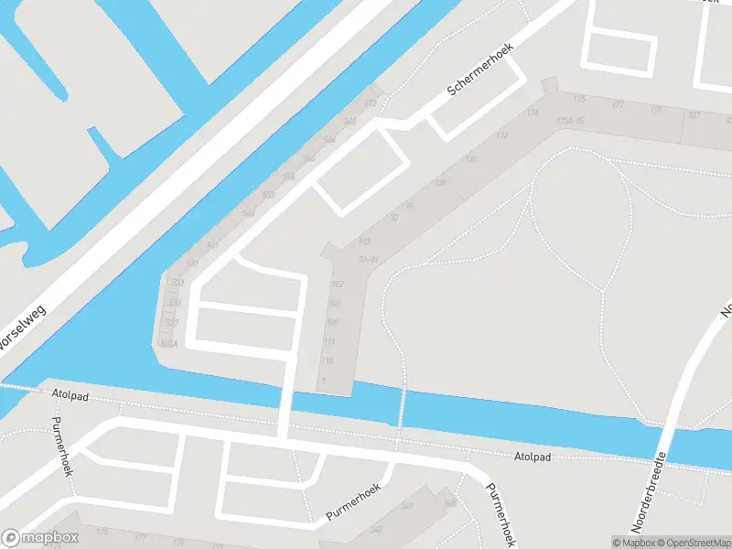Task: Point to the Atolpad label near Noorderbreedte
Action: [x=532, y=456]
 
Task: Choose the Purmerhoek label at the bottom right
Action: [x=501, y=514]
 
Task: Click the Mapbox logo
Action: [x=40, y=538]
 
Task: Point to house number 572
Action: [x=371, y=103]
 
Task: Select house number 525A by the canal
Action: [x=167, y=344]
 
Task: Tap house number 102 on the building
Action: [x=336, y=285]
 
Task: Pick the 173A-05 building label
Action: [x=569, y=120]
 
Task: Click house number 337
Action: [x=694, y=114]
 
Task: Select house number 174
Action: [x=533, y=113]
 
